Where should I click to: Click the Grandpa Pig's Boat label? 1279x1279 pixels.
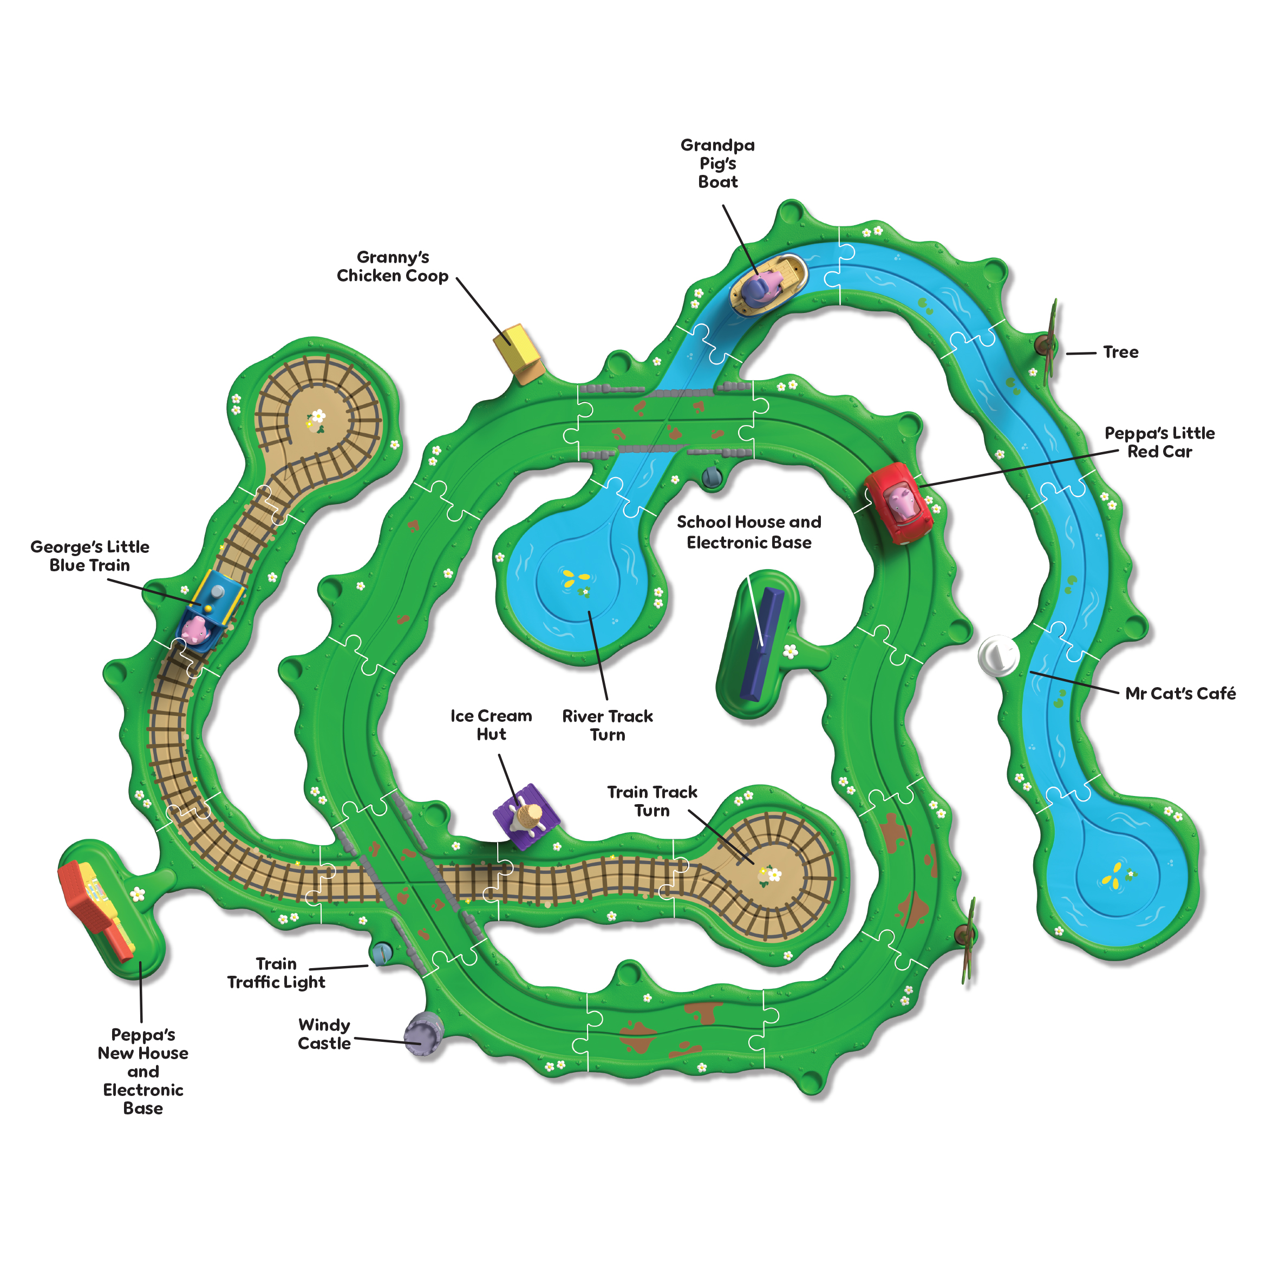tap(717, 164)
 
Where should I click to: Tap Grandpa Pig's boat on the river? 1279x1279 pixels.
tap(768, 285)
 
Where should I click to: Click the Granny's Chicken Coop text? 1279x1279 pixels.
tap(393, 266)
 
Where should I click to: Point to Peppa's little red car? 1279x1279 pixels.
tap(898, 503)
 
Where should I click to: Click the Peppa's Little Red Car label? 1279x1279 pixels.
tap(1160, 442)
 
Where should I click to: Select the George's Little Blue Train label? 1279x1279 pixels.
tap(90, 556)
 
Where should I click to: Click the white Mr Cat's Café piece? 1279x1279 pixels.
tap(999, 655)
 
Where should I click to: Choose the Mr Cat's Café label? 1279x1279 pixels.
tap(1180, 693)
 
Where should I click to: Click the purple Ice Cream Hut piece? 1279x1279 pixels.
tap(526, 816)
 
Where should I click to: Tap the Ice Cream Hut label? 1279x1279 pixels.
tap(491, 725)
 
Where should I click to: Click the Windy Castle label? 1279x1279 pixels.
tap(324, 1034)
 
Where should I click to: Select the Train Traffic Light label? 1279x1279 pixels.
tap(276, 973)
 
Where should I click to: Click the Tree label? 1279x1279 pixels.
tap(1121, 352)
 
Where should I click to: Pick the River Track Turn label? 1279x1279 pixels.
tap(607, 725)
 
